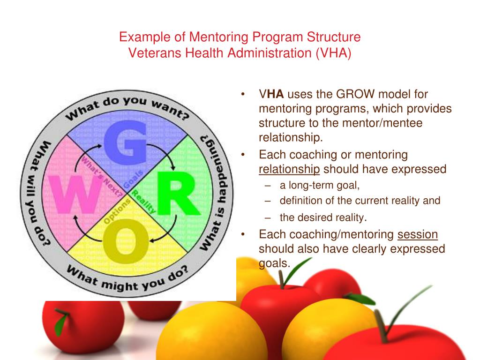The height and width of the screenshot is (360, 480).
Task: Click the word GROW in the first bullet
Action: tap(356, 94)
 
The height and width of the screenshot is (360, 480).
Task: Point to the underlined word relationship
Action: tap(289, 169)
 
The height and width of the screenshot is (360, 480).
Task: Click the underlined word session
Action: tap(418, 234)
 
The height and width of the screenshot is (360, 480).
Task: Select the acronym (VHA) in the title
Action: tap(333, 52)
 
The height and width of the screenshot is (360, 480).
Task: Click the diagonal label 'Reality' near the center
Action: tap(143, 202)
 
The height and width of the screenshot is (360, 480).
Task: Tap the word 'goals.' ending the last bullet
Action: tap(275, 263)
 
